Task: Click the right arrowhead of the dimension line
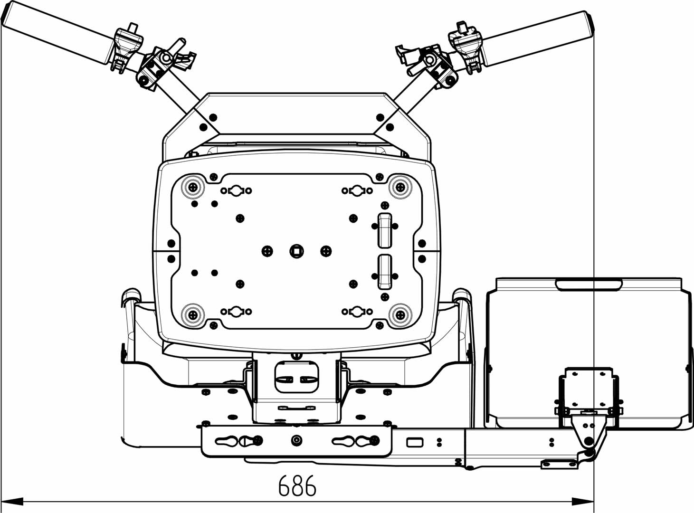[x=583, y=501]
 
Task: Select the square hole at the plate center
[x=296, y=250]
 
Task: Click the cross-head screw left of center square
[x=267, y=251]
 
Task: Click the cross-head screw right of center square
[x=326, y=251]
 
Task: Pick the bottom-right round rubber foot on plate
[x=399, y=314]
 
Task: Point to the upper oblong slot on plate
[x=385, y=230]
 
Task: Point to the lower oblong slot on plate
[x=385, y=272]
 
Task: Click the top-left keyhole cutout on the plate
[x=236, y=190]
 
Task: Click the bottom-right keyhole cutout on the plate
[x=357, y=312]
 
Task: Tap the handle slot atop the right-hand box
[x=589, y=285]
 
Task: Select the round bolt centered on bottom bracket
[x=296, y=441]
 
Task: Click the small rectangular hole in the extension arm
[x=415, y=443]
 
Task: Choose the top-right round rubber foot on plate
[x=399, y=187]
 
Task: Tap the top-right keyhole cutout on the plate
[x=357, y=190]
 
